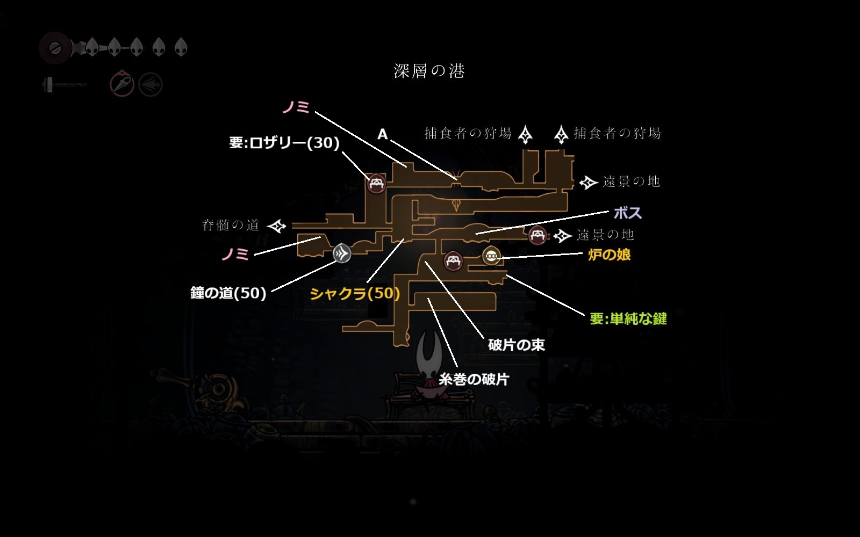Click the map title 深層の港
pos(429,71)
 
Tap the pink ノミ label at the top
pos(296,107)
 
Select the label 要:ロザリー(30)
pos(284,143)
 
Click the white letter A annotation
pos(382,134)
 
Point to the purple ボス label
pos(628,213)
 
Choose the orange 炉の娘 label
pos(609,255)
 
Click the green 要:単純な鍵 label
pos(628,319)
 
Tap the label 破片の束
pos(516,345)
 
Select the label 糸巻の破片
pos(474,380)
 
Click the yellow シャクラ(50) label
pos(355,294)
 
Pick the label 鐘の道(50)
pos(228,293)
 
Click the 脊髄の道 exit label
pos(231,226)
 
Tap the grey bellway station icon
pos(342,253)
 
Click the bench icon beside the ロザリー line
pos(376,184)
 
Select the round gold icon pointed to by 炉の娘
pos(491,256)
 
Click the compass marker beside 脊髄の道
pos(277,226)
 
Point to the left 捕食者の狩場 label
pos(468,133)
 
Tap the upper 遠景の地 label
pos(631,182)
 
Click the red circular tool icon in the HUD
pos(122,84)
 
